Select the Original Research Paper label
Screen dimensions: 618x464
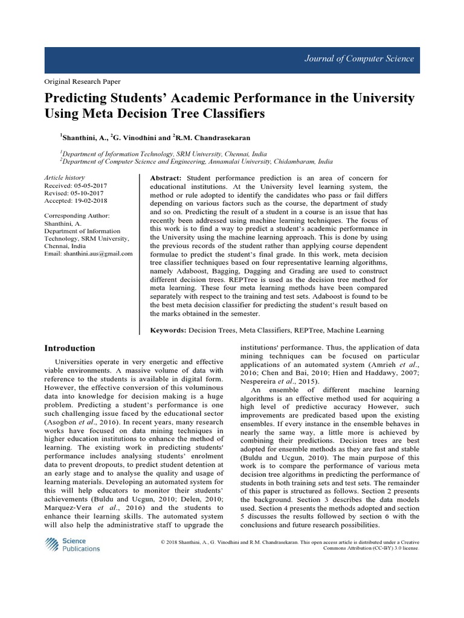(83, 81)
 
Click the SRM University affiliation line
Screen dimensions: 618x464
(163, 154)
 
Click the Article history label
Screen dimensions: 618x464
(65, 178)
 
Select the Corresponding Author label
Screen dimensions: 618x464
(77, 215)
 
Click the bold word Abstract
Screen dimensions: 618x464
(166, 179)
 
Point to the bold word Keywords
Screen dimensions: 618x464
(168, 330)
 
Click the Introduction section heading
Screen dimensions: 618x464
(70, 348)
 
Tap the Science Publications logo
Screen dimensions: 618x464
(72, 545)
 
